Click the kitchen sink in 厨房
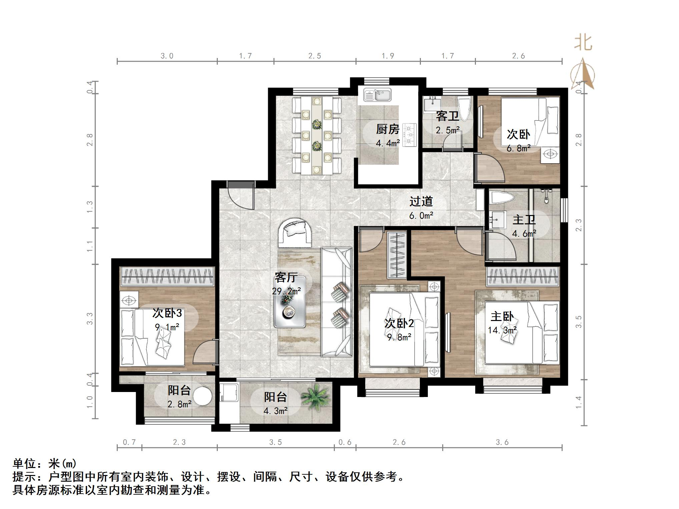(x=377, y=95)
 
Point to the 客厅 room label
(x=286, y=277)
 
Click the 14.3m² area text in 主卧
(x=502, y=330)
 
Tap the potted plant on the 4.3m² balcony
(x=315, y=397)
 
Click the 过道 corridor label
(x=421, y=201)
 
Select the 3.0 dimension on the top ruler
(x=167, y=56)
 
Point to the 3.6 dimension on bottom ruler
(x=502, y=442)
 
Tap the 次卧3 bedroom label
(x=167, y=313)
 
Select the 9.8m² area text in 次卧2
(x=399, y=337)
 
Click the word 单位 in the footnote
(x=24, y=464)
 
